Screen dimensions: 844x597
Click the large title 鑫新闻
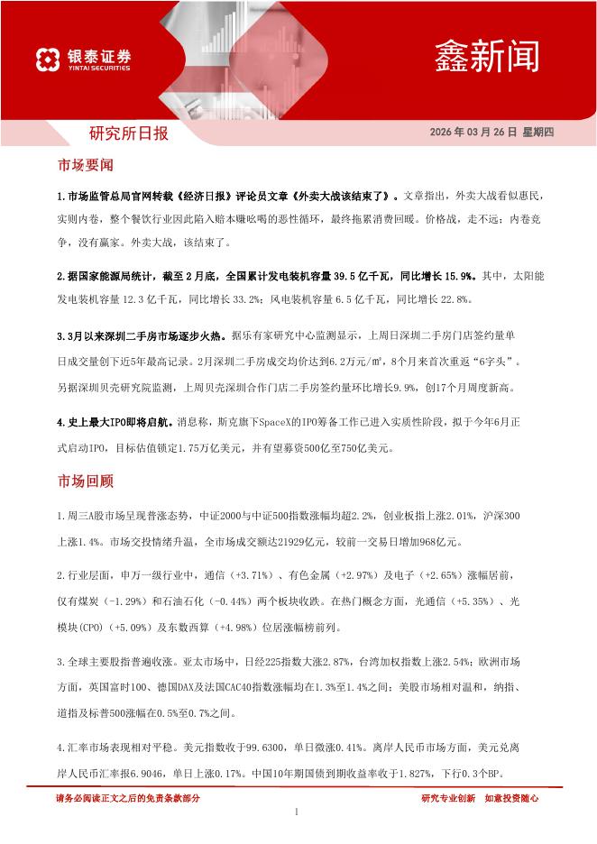pos(487,57)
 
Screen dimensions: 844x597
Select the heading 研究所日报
pos(128,134)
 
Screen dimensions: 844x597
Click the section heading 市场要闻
pos(85,166)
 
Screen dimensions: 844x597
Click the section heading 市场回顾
pos(85,482)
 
